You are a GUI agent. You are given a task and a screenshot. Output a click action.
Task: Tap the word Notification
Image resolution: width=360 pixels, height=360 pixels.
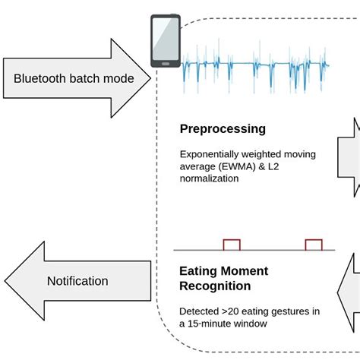[x=77, y=280]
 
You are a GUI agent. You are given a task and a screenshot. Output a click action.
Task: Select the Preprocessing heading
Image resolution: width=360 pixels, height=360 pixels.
[x=223, y=129]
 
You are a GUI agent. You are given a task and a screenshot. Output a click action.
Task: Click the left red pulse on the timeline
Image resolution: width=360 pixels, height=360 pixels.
[x=231, y=244]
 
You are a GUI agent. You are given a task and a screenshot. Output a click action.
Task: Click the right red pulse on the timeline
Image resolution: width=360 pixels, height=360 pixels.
[x=313, y=244]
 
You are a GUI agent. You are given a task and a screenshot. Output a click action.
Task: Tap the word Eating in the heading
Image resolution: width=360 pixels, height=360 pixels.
[x=198, y=270]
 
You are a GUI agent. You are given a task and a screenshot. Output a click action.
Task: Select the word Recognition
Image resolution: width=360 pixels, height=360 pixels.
[x=215, y=286]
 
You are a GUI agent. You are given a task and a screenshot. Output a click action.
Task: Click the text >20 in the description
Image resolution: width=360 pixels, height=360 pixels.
[x=231, y=311]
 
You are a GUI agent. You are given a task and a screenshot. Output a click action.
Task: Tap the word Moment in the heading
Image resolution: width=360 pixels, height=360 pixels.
[x=242, y=270]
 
